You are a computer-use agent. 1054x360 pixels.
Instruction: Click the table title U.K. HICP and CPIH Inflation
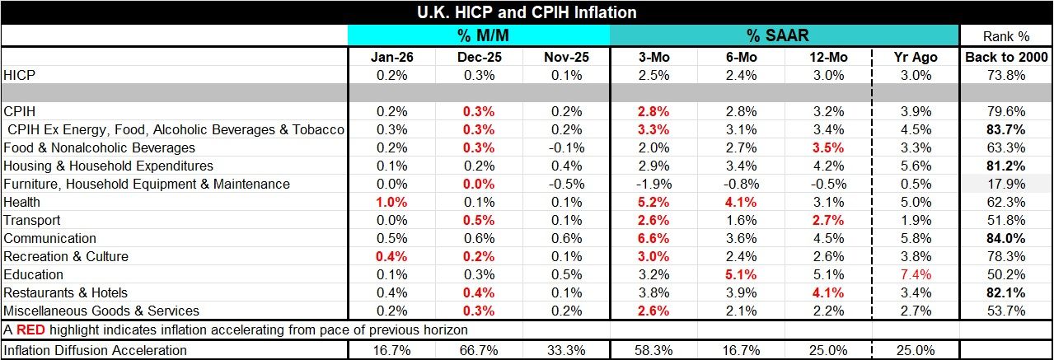pyautogui.click(x=527, y=12)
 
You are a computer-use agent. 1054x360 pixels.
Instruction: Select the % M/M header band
pyautogui.click(x=479, y=35)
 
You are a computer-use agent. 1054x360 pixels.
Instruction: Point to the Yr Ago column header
pyautogui.click(x=913, y=57)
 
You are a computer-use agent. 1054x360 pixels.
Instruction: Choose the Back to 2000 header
pyautogui.click(x=1005, y=57)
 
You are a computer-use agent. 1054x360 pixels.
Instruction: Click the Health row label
pyautogui.click(x=22, y=202)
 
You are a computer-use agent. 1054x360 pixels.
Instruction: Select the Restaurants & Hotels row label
pyautogui.click(x=66, y=292)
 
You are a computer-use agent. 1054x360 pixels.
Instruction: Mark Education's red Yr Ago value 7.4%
pyautogui.click(x=913, y=274)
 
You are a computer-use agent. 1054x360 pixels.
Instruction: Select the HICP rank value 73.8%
pyautogui.click(x=1005, y=75)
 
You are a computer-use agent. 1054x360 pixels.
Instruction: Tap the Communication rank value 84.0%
pyautogui.click(x=1005, y=238)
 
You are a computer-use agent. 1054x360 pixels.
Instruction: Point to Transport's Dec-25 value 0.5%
pyautogui.click(x=479, y=220)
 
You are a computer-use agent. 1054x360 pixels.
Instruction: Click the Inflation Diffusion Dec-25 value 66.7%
pyautogui.click(x=479, y=350)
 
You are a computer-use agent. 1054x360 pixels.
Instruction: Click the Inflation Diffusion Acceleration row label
pyautogui.click(x=96, y=350)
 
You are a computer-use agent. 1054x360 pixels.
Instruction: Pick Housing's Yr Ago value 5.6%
pyautogui.click(x=913, y=166)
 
